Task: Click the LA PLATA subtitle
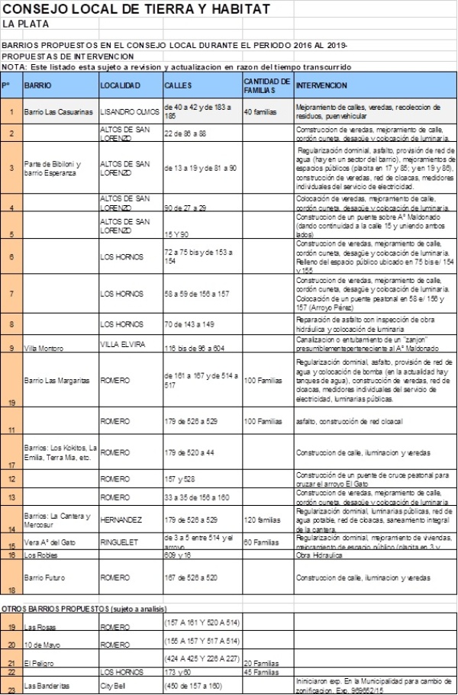(24, 24)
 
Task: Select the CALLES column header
(178, 85)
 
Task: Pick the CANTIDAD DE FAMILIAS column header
(266, 84)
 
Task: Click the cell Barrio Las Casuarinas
(58, 111)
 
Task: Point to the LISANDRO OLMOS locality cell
(130, 111)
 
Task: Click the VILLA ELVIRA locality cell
(122, 344)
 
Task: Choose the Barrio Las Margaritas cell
(58, 379)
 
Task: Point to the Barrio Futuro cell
(47, 578)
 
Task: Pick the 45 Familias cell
(260, 671)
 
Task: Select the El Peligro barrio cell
(39, 662)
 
